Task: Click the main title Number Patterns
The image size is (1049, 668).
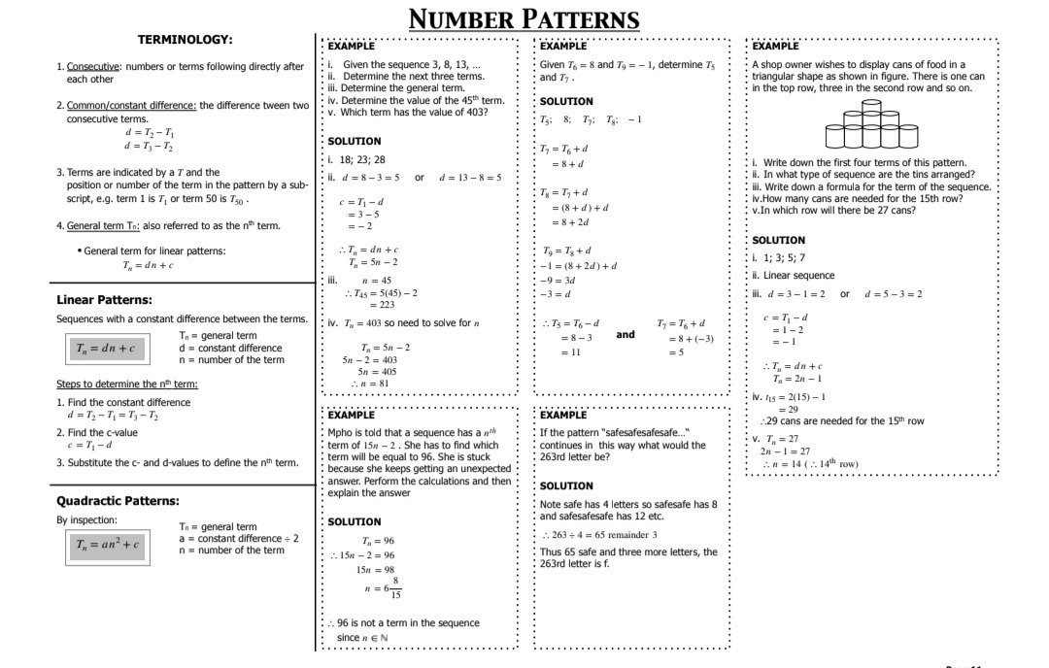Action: (x=524, y=19)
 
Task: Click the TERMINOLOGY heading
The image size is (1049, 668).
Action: (x=185, y=40)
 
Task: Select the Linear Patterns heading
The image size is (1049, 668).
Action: (x=104, y=300)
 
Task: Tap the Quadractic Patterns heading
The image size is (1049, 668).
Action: (x=118, y=501)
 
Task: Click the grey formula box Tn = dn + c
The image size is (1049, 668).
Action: (x=106, y=348)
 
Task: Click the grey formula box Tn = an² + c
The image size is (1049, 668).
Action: (x=107, y=545)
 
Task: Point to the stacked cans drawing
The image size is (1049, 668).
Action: (x=871, y=128)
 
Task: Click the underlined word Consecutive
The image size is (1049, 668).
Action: (x=93, y=67)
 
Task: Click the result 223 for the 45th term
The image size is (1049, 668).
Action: (x=381, y=305)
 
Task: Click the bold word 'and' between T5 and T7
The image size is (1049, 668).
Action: (x=626, y=334)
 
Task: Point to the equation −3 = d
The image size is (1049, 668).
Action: (x=557, y=293)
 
